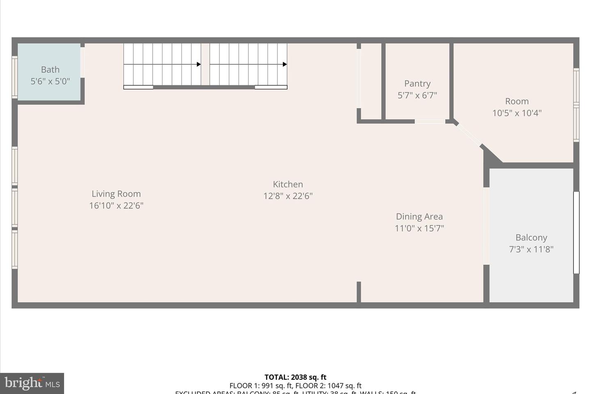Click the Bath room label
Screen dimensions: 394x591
click(50, 70)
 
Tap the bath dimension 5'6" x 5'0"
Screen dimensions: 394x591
click(50, 81)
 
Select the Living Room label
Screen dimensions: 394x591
click(116, 194)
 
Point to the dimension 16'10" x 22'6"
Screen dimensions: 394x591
click(116, 206)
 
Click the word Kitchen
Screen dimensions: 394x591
click(288, 184)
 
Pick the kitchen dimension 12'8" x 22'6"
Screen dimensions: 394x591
click(288, 196)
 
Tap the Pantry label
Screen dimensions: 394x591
click(417, 84)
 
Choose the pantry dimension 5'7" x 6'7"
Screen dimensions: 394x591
click(417, 95)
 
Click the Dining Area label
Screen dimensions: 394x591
click(419, 217)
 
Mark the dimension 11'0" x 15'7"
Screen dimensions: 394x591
click(419, 228)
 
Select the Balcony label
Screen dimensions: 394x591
click(531, 238)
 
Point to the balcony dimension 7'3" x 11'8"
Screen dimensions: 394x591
click(531, 249)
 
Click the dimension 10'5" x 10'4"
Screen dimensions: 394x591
click(517, 113)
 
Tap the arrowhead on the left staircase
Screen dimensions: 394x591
click(199, 64)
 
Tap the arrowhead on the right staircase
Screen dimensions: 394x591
click(285, 64)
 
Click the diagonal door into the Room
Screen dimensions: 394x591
click(469, 134)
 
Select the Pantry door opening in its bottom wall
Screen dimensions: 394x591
click(430, 121)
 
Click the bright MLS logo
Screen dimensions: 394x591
click(32, 383)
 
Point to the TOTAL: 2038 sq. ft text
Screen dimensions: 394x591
click(295, 377)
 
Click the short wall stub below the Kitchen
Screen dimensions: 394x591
click(359, 292)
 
